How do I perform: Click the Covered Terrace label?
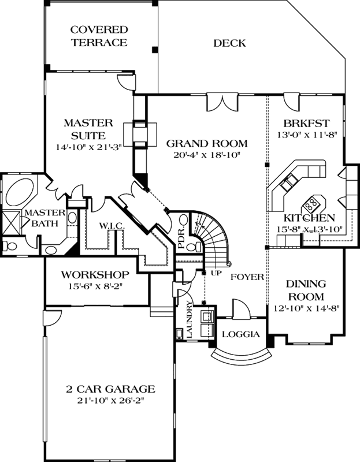tap(99, 36)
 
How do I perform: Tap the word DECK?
tap(229, 43)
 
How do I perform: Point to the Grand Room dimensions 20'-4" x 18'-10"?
tap(206, 155)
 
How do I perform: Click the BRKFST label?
tap(306, 123)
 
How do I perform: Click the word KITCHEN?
tap(309, 218)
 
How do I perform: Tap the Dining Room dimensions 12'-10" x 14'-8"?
tap(306, 308)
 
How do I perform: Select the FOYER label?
tap(247, 277)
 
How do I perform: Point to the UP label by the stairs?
tap(216, 272)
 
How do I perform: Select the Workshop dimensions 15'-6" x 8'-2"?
tap(95, 285)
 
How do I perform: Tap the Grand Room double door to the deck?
tap(220, 102)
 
